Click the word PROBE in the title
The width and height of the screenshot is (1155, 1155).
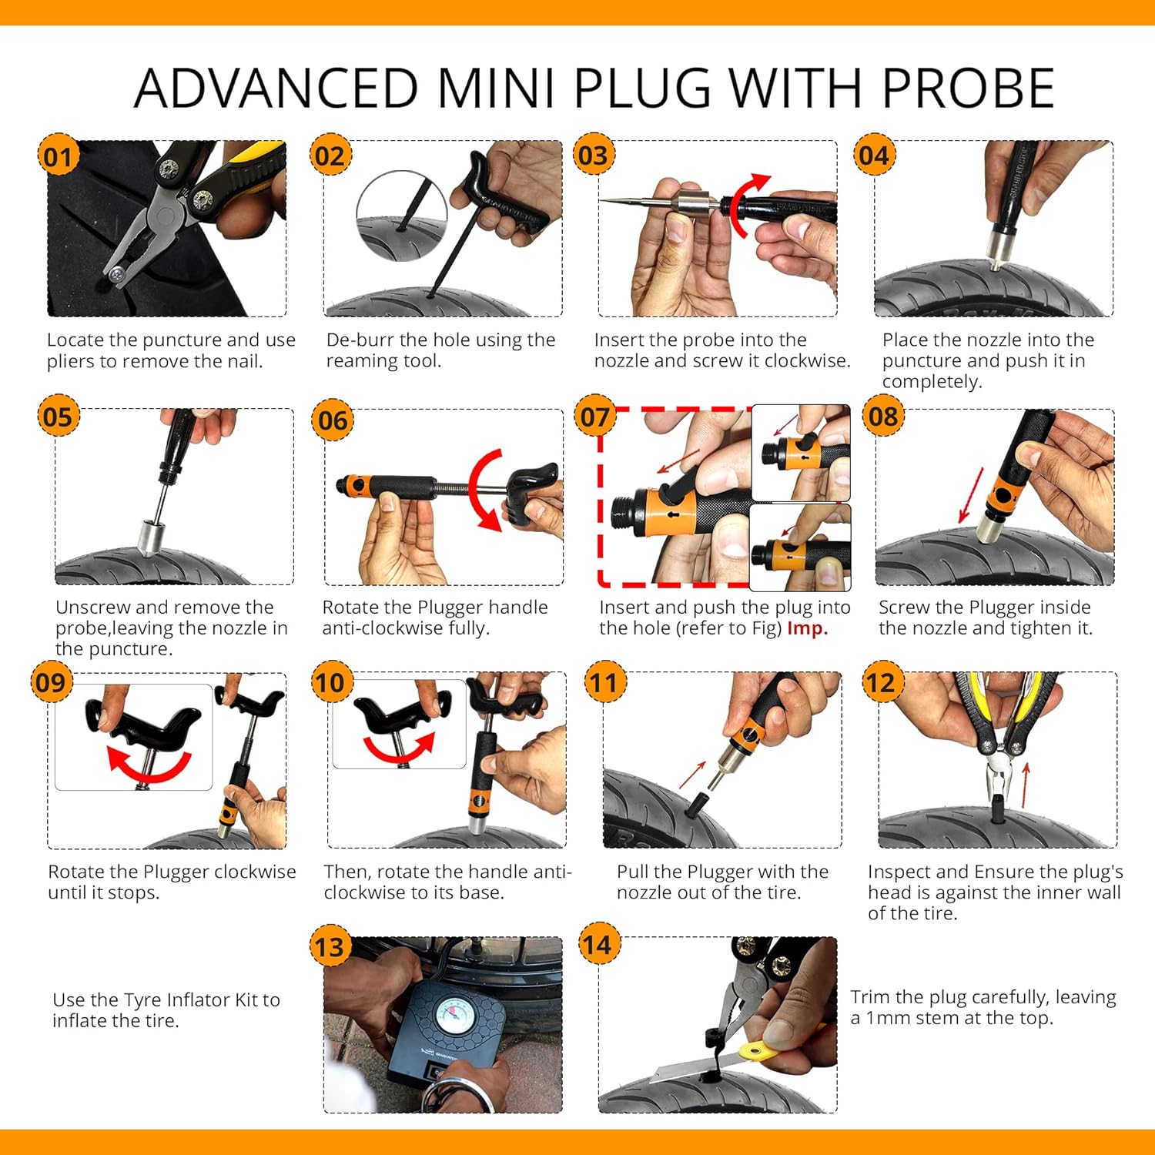[x=968, y=88]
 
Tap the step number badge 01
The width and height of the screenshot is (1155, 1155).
[x=58, y=156]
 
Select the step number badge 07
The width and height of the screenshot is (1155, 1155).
[x=594, y=417]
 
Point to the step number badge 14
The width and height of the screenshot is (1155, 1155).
[x=598, y=944]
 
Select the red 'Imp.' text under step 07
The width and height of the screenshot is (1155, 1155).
[x=807, y=628]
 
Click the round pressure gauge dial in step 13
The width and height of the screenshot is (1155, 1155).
[x=455, y=1016]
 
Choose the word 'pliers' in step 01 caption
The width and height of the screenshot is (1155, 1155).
[x=71, y=362]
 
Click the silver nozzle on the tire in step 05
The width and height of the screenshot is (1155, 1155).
[x=151, y=537]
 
